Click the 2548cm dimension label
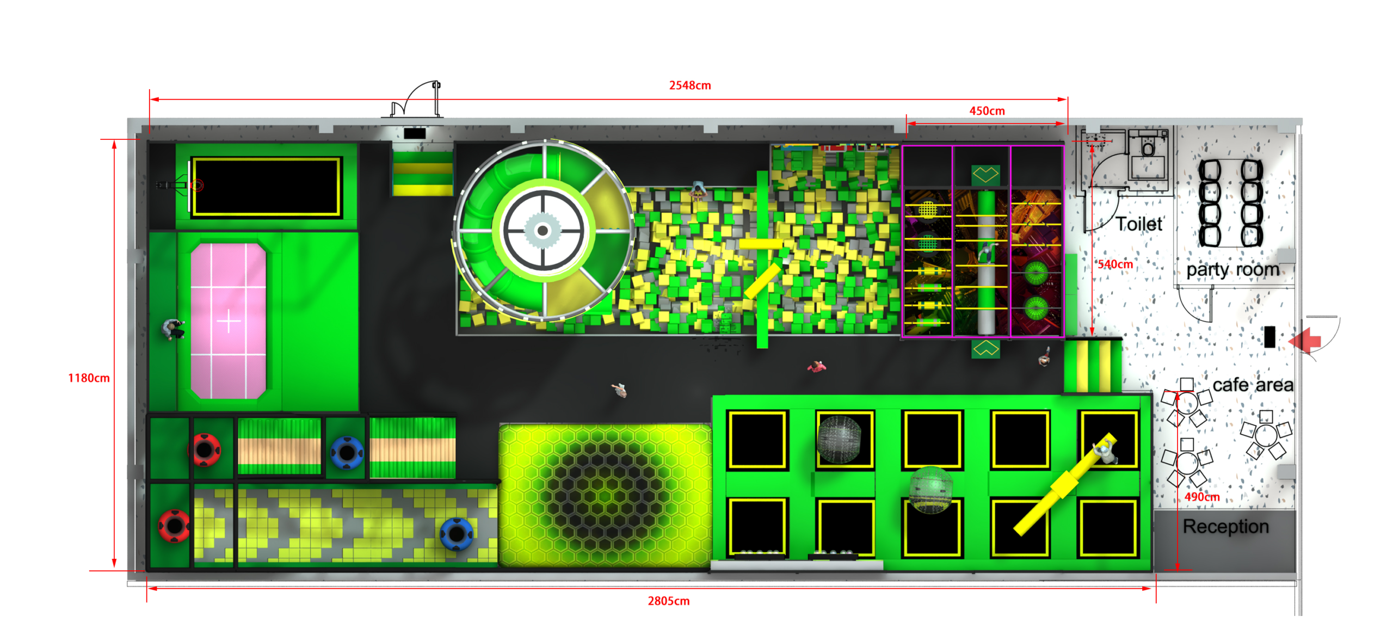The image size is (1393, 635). coord(689,85)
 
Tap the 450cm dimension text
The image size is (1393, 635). coord(987,111)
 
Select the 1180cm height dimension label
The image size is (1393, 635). coord(89,378)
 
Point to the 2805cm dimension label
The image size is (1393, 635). coord(668,601)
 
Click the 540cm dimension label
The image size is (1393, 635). coord(1115,264)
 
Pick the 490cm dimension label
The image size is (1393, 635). coord(1201,497)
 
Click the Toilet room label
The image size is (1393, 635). coord(1139,224)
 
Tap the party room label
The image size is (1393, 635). coord(1232,270)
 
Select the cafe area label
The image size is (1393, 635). coord(1253,385)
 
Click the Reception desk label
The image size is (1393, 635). coord(1225,527)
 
